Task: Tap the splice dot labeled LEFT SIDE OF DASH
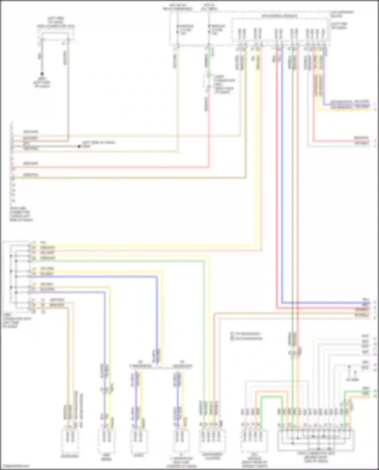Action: click(79, 146)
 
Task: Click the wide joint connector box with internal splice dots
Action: click(316, 441)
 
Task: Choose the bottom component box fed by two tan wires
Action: click(70, 441)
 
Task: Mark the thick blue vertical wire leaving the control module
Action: click(282, 177)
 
